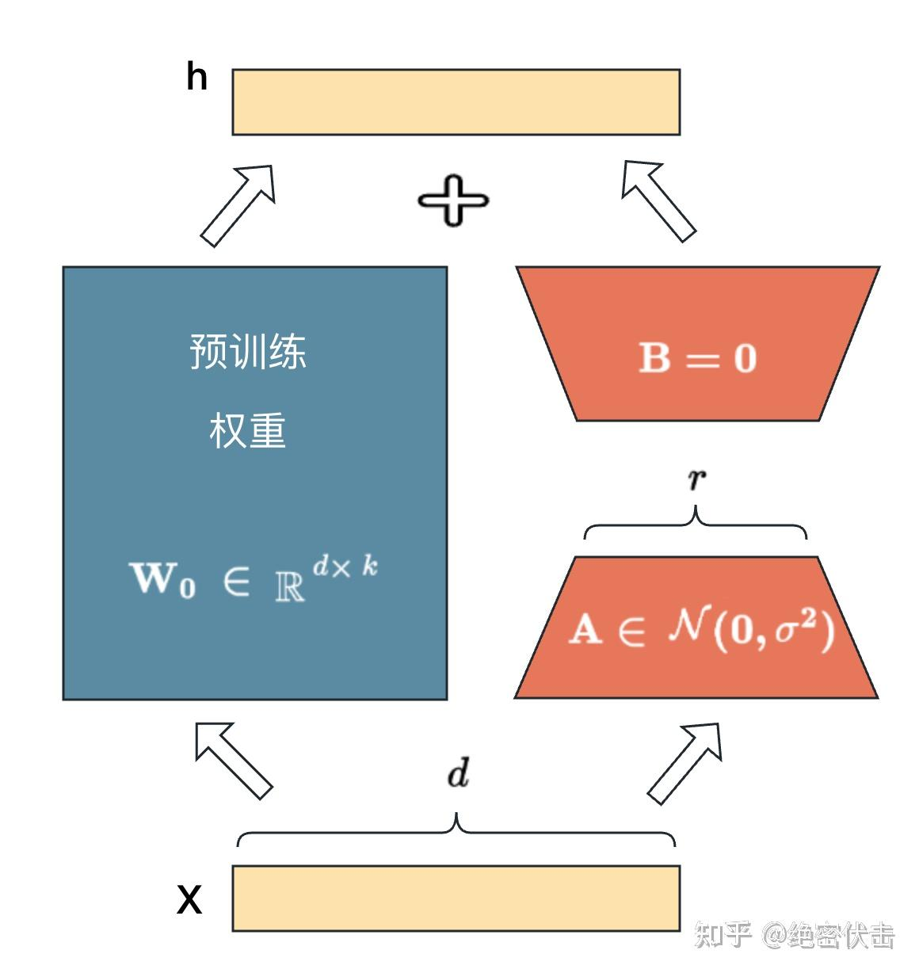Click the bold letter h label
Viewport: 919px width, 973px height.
[196, 78]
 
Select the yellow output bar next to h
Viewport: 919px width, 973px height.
[456, 102]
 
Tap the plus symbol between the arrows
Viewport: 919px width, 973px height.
[453, 200]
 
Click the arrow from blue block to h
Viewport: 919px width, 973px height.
[238, 204]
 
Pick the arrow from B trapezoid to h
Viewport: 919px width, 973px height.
[658, 200]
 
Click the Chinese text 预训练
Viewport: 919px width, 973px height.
[248, 351]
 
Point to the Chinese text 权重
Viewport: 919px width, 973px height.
[248, 430]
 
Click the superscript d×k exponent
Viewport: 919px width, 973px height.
[345, 567]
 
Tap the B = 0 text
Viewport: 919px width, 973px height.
[698, 358]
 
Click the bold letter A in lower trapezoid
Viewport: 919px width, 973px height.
[585, 630]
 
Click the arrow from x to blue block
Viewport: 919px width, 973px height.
[234, 759]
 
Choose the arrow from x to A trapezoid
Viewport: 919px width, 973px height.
[685, 761]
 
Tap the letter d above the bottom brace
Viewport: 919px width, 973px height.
[458, 773]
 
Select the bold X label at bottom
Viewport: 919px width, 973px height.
[189, 900]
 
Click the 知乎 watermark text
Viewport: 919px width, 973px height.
[723, 935]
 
